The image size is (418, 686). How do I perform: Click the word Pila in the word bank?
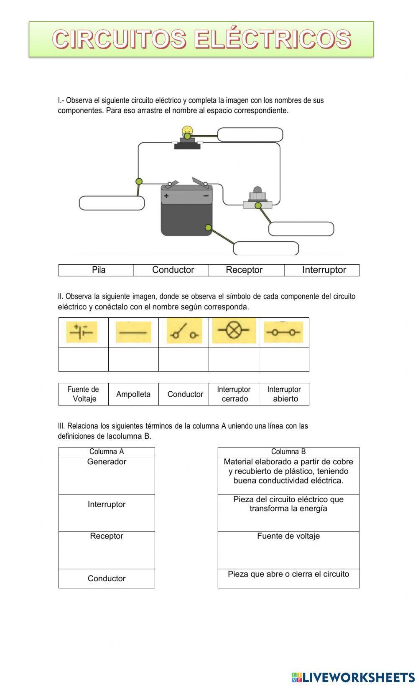(99, 270)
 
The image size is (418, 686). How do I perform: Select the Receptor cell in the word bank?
(244, 270)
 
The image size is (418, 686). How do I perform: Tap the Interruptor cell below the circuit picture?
(324, 270)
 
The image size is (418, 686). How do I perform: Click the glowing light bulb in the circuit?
(187, 130)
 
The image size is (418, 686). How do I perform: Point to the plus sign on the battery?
(166, 195)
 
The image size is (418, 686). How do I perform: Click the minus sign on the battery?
(206, 195)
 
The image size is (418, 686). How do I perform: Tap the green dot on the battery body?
(208, 227)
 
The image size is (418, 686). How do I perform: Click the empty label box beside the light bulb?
(250, 135)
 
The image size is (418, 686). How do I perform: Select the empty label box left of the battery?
(112, 203)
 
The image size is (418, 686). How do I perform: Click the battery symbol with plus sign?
(82, 332)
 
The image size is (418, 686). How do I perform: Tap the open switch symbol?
(184, 331)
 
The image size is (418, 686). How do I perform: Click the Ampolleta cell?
(133, 394)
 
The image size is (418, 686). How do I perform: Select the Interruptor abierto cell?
(284, 394)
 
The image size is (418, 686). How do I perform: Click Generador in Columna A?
(107, 462)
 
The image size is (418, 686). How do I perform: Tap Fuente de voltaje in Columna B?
(288, 536)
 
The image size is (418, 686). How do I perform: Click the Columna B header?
(288, 452)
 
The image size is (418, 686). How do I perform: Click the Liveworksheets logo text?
(358, 677)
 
